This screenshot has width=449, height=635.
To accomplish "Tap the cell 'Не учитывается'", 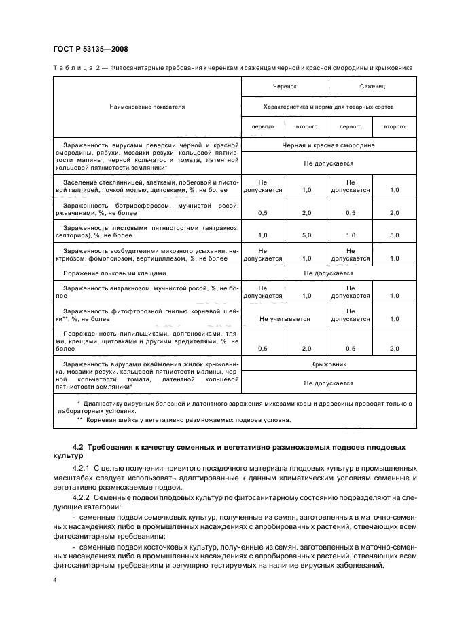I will [285, 318].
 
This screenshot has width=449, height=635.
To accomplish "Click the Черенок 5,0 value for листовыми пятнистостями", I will [306, 235].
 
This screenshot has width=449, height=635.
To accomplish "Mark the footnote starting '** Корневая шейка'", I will [183, 419].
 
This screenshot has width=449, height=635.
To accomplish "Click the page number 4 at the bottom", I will [54, 581].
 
